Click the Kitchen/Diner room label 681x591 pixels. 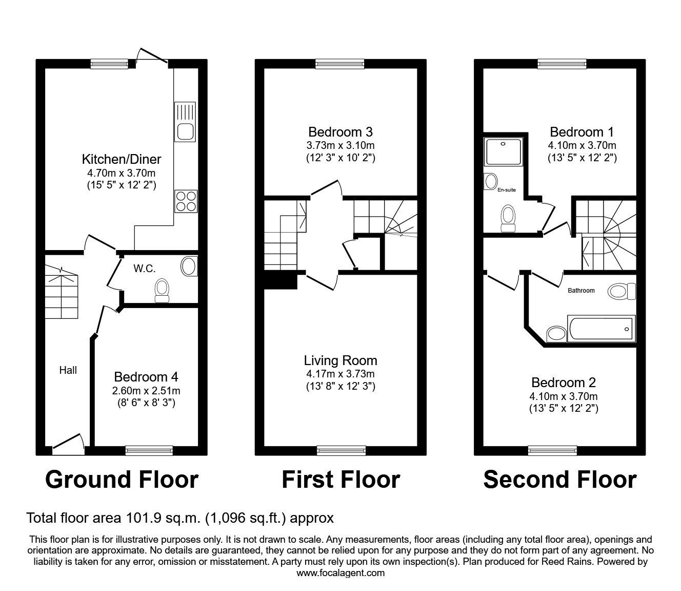coord(122,159)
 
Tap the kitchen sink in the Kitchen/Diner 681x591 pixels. coord(185,122)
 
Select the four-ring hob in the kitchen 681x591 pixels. coord(186,201)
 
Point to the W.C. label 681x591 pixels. coord(144,268)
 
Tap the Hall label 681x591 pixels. coord(68,370)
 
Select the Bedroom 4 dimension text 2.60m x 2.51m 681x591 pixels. coord(146,391)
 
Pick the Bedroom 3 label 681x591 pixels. coord(340,131)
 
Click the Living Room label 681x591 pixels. coord(340,360)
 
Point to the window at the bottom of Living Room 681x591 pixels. coord(341,450)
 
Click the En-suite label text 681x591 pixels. coord(507,190)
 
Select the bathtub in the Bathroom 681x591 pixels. coord(600,328)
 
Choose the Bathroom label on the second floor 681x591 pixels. coord(581,291)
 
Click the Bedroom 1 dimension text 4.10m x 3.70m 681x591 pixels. coord(582,145)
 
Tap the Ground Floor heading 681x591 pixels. coord(122,480)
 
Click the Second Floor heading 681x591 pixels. coord(559,480)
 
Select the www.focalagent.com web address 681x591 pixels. coord(341,573)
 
